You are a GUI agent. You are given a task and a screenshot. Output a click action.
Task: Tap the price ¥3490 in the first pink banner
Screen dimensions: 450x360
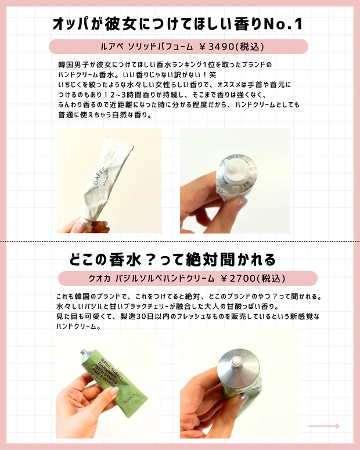[219, 46]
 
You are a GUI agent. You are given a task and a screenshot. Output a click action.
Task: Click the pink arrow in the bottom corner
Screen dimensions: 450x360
[323, 426]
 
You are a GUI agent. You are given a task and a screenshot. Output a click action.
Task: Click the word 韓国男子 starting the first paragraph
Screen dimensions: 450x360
[70, 64]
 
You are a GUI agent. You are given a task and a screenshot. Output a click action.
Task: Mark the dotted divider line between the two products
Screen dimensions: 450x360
[180, 240]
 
